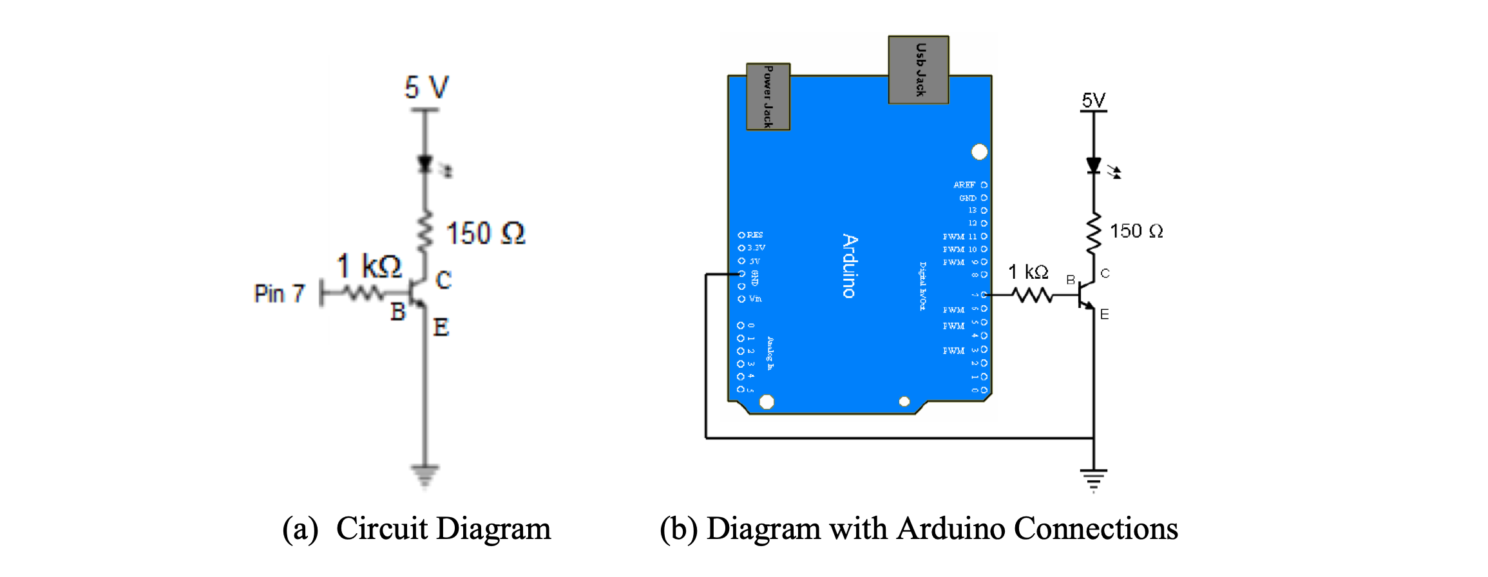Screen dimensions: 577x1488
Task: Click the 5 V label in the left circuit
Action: click(x=426, y=88)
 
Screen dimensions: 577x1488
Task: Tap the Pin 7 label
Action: click(x=279, y=294)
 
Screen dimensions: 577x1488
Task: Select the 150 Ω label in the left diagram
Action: click(x=486, y=233)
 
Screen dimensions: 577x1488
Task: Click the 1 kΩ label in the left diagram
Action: click(x=369, y=266)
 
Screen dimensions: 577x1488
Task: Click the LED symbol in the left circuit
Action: click(x=425, y=165)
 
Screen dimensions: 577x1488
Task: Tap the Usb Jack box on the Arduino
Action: click(x=918, y=70)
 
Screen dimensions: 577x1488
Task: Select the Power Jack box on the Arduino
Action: click(x=768, y=97)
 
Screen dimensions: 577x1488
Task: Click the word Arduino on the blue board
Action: click(x=850, y=266)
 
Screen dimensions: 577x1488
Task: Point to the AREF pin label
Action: click(x=964, y=185)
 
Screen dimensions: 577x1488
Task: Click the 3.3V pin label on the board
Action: click(x=756, y=248)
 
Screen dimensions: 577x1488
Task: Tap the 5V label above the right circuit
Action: click(x=1093, y=100)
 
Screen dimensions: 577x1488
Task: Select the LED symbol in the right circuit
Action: click(x=1094, y=166)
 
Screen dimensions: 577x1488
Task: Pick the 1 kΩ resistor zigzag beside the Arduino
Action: click(x=1032, y=295)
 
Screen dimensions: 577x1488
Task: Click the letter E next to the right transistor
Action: click(x=1105, y=314)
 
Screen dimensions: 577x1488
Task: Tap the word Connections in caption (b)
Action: click(x=1096, y=529)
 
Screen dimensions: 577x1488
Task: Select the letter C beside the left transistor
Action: click(x=444, y=279)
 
